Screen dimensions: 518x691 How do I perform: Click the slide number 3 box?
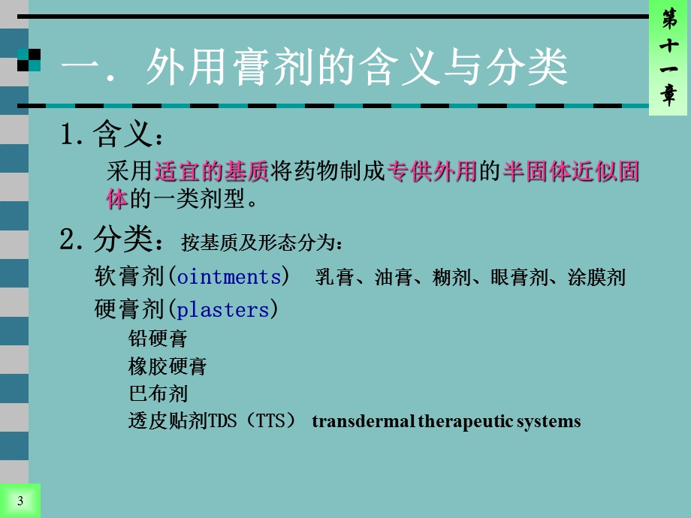pyautogui.click(x=20, y=501)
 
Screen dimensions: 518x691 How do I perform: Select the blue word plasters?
pyautogui.click(x=222, y=309)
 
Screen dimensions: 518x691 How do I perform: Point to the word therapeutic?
pyautogui.click(x=466, y=421)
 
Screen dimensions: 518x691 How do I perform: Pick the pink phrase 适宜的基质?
pyautogui.click(x=211, y=172)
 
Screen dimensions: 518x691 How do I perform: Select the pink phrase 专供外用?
pyautogui.click(x=432, y=172)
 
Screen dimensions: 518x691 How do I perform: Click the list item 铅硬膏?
pyautogui.click(x=158, y=339)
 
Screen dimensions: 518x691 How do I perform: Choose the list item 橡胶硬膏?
pyautogui.click(x=167, y=366)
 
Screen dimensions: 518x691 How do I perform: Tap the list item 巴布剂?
pyautogui.click(x=158, y=393)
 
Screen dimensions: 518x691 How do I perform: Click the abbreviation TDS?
pyautogui.click(x=222, y=421)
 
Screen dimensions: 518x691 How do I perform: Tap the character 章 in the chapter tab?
pyautogui.click(x=668, y=95)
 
